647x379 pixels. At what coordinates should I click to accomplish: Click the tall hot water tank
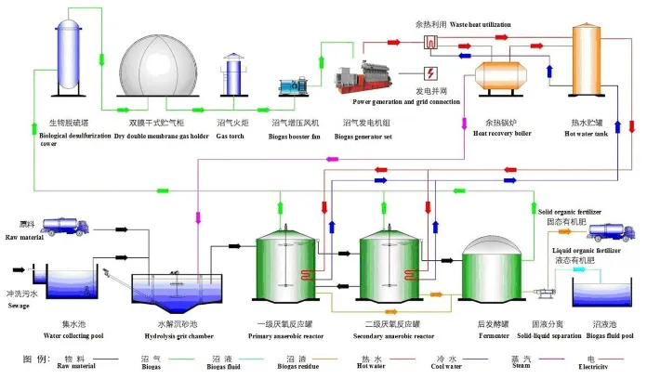click(x=590, y=65)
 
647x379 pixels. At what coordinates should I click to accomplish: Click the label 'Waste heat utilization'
click(x=468, y=25)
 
